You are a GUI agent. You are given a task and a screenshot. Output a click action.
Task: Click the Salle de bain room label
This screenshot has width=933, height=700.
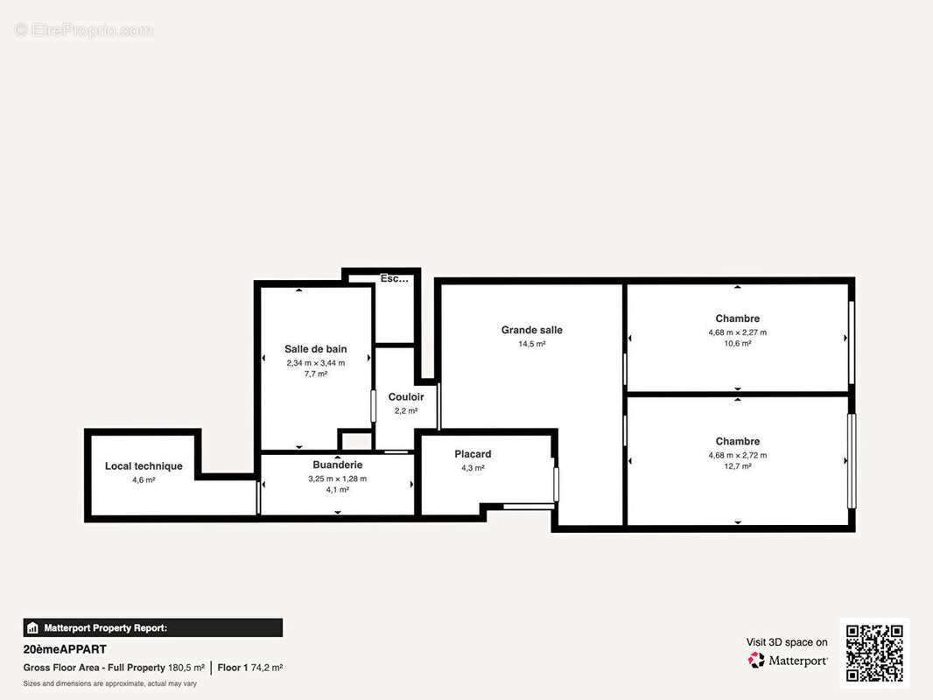pos(315,349)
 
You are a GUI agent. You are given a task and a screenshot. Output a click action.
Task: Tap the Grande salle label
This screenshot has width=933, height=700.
pos(531,330)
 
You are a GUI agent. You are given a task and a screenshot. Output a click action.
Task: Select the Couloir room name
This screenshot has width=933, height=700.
pos(406,397)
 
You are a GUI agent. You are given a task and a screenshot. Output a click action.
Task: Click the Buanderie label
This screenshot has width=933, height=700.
pos(337,465)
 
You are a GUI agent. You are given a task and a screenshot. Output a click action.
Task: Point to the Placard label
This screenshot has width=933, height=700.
pos(473,454)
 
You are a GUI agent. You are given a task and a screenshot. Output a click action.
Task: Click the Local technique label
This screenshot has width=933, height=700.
pos(144,466)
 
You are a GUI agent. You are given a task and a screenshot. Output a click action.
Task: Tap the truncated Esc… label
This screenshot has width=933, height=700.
pos(394,279)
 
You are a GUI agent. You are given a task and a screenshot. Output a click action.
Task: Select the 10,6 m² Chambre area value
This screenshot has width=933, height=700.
pos(737,344)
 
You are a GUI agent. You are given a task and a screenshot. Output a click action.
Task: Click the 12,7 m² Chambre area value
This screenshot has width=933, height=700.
pos(737,466)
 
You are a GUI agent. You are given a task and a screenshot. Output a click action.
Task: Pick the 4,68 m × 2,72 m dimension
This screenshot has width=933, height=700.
pos(737,455)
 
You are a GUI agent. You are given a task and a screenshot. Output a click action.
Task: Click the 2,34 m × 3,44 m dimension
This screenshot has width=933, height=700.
pos(315,362)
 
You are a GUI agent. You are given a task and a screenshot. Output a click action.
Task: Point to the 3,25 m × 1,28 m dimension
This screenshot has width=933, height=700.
pos(337,479)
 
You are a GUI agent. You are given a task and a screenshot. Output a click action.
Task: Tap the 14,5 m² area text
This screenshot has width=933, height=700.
pos(531,344)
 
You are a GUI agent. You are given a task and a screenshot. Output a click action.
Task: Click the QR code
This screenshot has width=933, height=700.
pos(874,653)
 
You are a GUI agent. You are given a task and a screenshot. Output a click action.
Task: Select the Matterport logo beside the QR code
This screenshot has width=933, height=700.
pos(788,660)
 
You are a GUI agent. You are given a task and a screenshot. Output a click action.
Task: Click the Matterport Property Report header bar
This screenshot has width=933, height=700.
pos(152,627)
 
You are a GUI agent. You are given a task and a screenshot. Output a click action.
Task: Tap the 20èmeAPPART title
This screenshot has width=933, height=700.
pos(65,649)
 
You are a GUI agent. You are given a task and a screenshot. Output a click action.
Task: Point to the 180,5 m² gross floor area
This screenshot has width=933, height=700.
pos(186,668)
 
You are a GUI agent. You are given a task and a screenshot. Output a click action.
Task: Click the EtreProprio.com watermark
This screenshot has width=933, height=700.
pos(84,31)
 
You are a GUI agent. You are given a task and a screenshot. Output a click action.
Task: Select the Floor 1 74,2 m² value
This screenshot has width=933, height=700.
pos(250,668)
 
